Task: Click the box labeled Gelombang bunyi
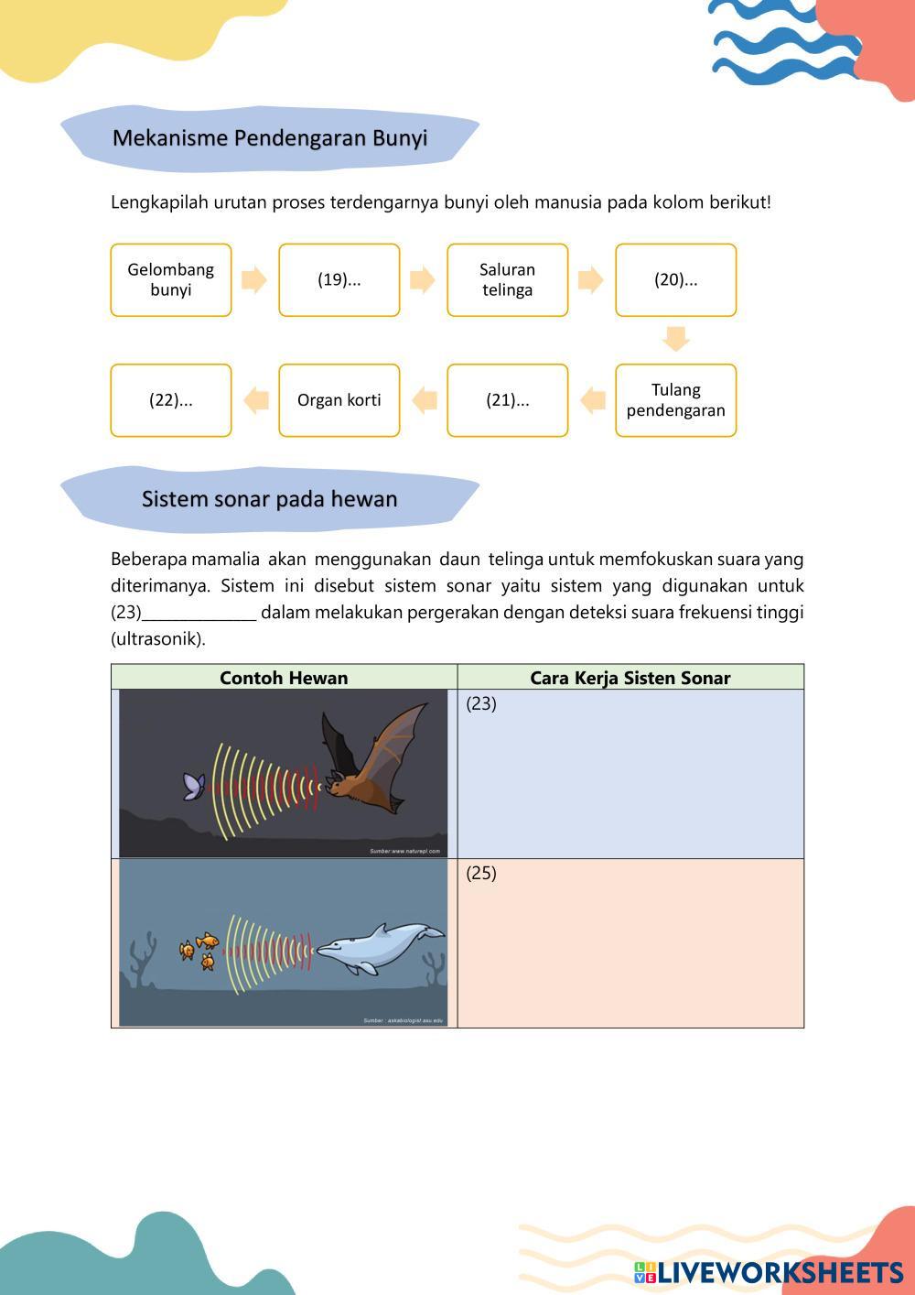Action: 171,280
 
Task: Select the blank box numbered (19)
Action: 339,280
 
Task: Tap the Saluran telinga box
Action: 508,280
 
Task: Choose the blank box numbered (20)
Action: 676,280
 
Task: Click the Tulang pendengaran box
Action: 676,400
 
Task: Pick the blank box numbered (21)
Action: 508,400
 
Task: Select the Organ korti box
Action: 339,400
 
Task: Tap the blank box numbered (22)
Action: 171,400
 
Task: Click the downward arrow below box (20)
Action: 676,339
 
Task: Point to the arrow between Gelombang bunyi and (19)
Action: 254,280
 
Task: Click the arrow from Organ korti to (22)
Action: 255,400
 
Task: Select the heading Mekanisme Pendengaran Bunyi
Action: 270,138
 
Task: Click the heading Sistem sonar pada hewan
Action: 270,499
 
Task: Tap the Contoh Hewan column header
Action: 284,678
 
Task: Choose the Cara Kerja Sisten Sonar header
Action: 630,678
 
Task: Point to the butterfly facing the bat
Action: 194,785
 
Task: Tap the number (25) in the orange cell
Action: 481,873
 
